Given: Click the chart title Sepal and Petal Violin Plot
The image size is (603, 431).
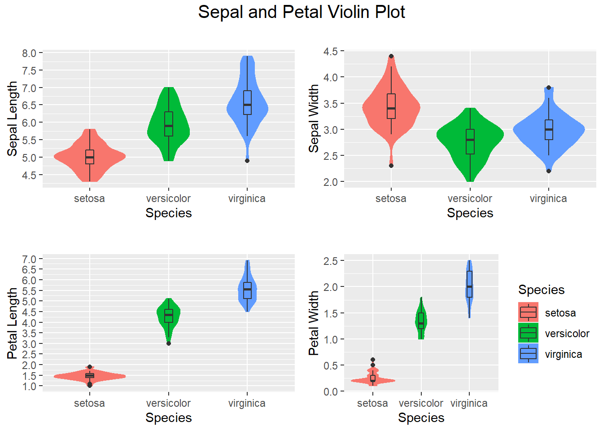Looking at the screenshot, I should click(301, 12).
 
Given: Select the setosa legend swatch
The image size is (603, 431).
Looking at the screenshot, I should click(528, 312).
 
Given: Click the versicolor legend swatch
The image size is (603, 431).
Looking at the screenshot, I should click(528, 333).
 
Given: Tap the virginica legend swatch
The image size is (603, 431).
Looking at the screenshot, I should click(528, 354).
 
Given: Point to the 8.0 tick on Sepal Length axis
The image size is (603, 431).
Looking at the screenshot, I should click(29, 53).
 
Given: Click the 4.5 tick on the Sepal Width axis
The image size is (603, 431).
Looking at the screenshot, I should click(331, 51).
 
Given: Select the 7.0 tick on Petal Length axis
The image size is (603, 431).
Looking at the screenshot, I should click(29, 259).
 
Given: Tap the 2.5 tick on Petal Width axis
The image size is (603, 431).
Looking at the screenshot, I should click(331, 261).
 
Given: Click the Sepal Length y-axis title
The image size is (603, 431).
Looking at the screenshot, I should click(12, 119).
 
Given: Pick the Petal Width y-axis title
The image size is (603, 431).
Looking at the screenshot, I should click(314, 323).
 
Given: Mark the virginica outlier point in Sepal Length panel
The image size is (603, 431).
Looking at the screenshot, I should click(247, 161).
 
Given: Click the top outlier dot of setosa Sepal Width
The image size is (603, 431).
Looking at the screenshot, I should click(391, 57).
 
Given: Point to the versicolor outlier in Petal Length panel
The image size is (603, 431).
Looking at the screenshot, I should click(169, 343).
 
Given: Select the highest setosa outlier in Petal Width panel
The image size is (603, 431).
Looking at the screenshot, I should click(373, 360).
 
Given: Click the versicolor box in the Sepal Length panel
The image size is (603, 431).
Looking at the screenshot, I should click(169, 124).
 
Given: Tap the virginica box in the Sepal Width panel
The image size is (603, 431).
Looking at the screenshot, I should click(549, 130).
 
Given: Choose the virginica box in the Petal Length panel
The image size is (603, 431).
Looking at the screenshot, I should click(247, 290).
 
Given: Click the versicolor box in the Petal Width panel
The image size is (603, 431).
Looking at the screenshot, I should click(421, 321).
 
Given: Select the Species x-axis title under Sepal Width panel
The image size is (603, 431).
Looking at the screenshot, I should click(470, 213).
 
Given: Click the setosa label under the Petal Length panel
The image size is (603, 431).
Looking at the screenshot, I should click(89, 403).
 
